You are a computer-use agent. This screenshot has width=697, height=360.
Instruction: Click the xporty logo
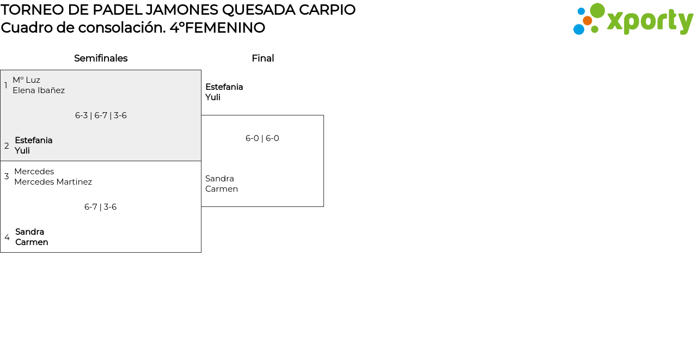tap(633, 20)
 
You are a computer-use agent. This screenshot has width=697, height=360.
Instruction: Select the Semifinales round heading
tap(101, 58)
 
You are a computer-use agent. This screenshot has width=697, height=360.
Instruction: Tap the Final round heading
tap(262, 58)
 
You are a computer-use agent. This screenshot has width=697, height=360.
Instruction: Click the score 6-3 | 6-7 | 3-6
tap(101, 115)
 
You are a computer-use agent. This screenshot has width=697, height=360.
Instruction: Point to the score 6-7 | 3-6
tap(100, 207)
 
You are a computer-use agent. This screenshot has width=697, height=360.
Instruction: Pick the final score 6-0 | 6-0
tap(262, 138)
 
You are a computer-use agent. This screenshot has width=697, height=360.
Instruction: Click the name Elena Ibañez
tap(39, 90)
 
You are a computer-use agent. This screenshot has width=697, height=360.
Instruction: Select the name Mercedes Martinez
tap(53, 182)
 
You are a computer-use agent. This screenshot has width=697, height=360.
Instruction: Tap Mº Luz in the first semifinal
tap(26, 80)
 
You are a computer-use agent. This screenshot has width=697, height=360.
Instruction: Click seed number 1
tap(6, 86)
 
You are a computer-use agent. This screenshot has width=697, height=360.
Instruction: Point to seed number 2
tap(7, 146)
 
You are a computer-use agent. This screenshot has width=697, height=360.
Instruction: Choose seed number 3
tap(7, 176)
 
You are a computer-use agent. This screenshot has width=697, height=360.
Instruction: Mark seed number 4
tap(7, 237)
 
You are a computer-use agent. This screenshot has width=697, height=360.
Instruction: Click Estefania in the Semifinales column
tap(34, 141)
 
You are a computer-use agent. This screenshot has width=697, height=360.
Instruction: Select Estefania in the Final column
tap(224, 87)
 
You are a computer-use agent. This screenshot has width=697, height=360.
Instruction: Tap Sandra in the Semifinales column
tap(29, 232)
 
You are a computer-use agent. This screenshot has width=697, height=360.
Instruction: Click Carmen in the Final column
tap(221, 189)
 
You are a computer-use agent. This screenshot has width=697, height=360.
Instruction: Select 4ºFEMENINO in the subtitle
tap(217, 28)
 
